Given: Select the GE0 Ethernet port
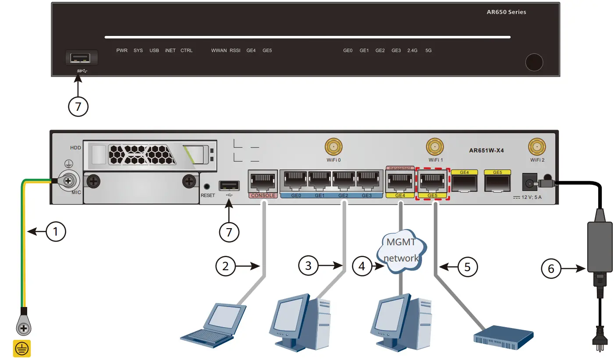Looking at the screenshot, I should [295, 181].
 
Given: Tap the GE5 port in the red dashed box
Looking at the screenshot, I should [432, 181].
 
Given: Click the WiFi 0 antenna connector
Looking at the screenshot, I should [333, 147].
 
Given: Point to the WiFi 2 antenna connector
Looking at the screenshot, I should [537, 147].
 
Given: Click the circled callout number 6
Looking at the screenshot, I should [551, 268].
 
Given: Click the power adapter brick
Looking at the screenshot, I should [599, 247].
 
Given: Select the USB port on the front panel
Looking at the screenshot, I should [81, 57].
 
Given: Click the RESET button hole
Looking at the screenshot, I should [207, 187].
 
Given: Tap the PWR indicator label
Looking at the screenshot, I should [122, 50].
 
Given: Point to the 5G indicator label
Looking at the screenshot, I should [428, 50].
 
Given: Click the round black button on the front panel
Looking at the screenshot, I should [534, 62].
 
